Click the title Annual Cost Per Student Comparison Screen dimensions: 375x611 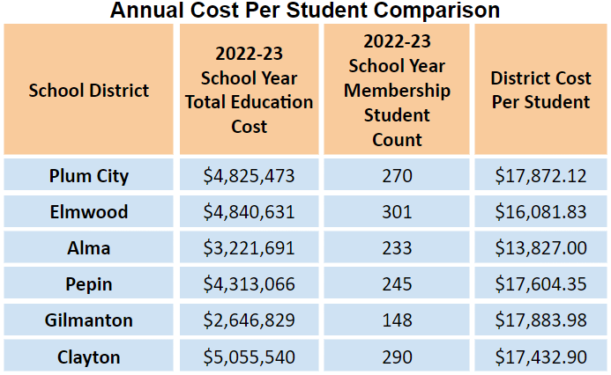pyautogui.click(x=305, y=11)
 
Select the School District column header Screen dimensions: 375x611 pyautogui.click(x=89, y=91)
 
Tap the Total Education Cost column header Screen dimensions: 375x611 pyautogui.click(x=250, y=90)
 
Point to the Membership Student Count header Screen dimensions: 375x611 pyautogui.click(x=397, y=90)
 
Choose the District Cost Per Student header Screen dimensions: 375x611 pyautogui.click(x=540, y=91)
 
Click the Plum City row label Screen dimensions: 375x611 pyautogui.click(x=89, y=176)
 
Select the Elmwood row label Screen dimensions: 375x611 pyautogui.click(x=89, y=212)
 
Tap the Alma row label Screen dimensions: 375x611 pyautogui.click(x=89, y=248)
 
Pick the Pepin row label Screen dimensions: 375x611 pyautogui.click(x=89, y=284)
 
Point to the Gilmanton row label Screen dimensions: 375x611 pyautogui.click(x=89, y=321)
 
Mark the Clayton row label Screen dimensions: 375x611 pyautogui.click(x=89, y=357)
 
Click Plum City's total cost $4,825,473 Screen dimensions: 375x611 pyautogui.click(x=250, y=176)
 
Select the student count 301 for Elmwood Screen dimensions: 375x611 pyautogui.click(x=397, y=212)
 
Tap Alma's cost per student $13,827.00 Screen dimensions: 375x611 pyautogui.click(x=540, y=248)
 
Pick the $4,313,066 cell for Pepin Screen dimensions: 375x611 pyautogui.click(x=250, y=284)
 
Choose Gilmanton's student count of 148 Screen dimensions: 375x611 pyautogui.click(x=397, y=321)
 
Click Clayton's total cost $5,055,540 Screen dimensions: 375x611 pyautogui.click(x=250, y=357)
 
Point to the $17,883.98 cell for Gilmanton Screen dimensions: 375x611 pyautogui.click(x=540, y=321)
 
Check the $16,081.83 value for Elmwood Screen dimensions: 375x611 pyautogui.click(x=540, y=212)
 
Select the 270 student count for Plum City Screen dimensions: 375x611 pyautogui.click(x=397, y=176)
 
